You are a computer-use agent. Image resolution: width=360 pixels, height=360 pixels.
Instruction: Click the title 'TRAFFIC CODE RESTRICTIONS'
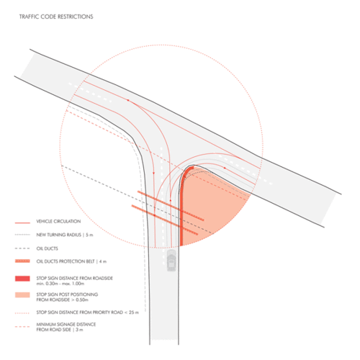[56, 17]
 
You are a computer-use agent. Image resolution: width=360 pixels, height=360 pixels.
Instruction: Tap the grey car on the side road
[171, 260]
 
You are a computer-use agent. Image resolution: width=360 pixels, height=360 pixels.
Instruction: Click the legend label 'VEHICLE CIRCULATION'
[58, 221]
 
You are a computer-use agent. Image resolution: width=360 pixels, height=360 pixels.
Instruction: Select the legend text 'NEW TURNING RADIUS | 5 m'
[65, 235]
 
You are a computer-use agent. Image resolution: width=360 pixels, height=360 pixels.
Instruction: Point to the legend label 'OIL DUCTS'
[48, 248]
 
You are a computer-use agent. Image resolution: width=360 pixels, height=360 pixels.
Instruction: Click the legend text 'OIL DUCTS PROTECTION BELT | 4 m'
[71, 261]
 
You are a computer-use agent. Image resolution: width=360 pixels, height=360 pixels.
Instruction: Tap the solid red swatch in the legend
[22, 279]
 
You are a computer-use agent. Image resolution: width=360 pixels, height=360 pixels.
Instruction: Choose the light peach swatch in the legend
[22, 295]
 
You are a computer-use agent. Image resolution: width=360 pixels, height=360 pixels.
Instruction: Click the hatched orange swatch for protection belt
[22, 261]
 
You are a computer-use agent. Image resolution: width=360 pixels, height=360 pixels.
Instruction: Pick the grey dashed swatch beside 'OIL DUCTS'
[22, 248]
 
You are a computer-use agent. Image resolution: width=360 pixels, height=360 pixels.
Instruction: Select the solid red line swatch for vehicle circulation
[22, 223]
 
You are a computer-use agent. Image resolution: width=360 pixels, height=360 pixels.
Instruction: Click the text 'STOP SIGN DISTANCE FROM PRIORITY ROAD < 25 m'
[88, 312]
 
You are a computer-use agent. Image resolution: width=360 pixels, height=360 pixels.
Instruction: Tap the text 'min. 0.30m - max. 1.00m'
[60, 284]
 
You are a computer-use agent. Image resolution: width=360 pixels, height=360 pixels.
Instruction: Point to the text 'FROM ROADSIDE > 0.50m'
[63, 300]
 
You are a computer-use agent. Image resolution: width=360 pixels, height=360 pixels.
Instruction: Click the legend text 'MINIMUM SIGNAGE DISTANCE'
[66, 325]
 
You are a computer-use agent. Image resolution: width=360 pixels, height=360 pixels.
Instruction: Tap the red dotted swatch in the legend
[22, 313]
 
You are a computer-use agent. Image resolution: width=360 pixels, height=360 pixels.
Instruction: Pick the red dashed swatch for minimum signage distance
[22, 327]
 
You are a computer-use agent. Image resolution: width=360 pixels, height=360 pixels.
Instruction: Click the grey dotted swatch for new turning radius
[22, 235]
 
